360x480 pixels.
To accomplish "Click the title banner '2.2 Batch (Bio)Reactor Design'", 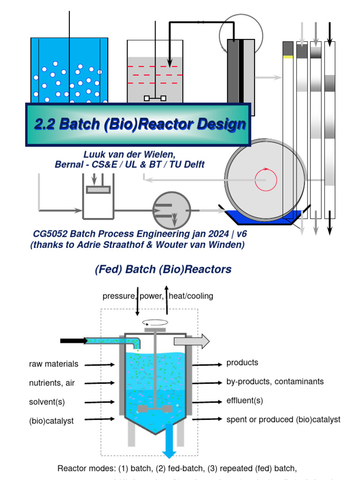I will tap(140, 124).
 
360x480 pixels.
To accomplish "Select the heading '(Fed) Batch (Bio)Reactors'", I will tap(163, 270).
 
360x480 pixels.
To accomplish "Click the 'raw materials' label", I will tap(53, 364).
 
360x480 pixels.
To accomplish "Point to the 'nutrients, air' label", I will tap(52, 383).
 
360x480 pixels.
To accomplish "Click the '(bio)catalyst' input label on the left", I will tap(51, 421).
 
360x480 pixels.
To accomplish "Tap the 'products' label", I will tap(242, 363).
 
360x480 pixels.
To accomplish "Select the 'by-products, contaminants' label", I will tap(275, 382).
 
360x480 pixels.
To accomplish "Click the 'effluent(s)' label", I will tap(245, 401).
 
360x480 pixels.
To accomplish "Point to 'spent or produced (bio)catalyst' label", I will tap(283, 420).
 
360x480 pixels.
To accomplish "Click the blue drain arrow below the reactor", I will tap(169, 446).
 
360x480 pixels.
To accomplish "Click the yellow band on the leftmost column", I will tap(288, 57).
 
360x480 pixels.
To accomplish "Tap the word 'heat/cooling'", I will tap(191, 296).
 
